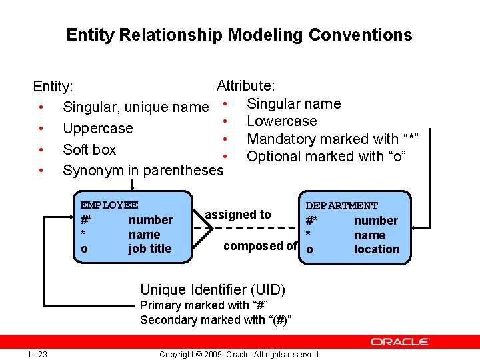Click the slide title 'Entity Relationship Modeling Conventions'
click(x=239, y=35)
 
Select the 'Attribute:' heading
click(x=246, y=86)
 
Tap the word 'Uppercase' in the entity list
click(x=97, y=128)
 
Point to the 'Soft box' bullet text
click(x=89, y=149)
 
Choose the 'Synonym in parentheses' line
click(x=143, y=171)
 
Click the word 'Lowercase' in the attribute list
click(x=281, y=121)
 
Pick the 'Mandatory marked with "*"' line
click(x=332, y=139)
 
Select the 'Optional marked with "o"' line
click(x=326, y=156)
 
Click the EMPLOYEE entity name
click(x=109, y=205)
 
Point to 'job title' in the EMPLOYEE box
click(x=150, y=249)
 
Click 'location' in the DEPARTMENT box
click(x=377, y=249)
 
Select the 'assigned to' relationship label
click(x=238, y=215)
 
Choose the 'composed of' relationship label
click(x=260, y=246)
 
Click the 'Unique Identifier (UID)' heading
click(x=213, y=289)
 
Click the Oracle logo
click(x=399, y=341)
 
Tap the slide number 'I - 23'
click(x=37, y=354)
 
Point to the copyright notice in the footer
click(x=239, y=354)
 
